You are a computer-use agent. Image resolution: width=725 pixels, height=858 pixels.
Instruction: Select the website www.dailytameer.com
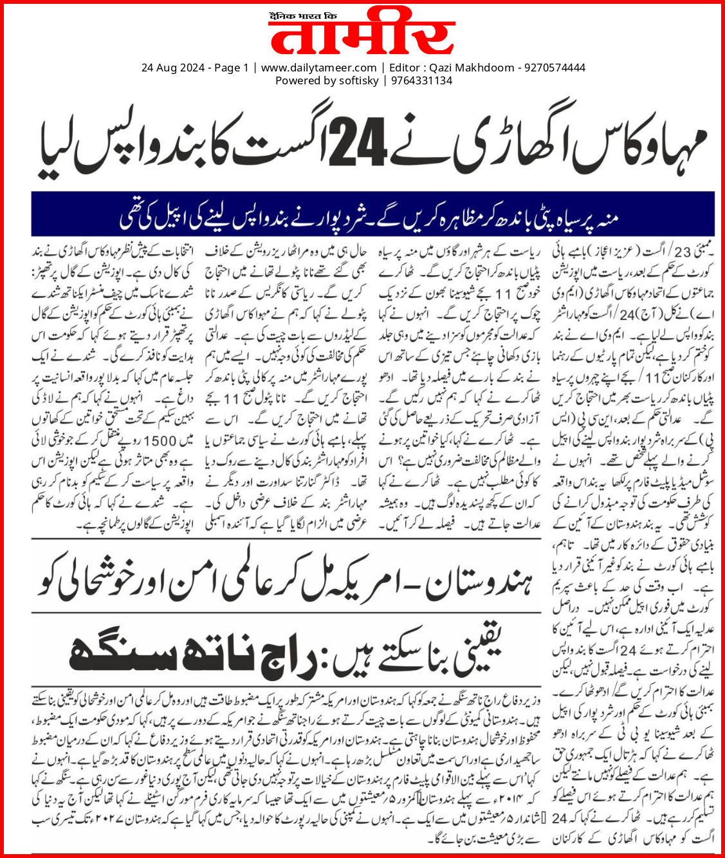click(318, 68)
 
